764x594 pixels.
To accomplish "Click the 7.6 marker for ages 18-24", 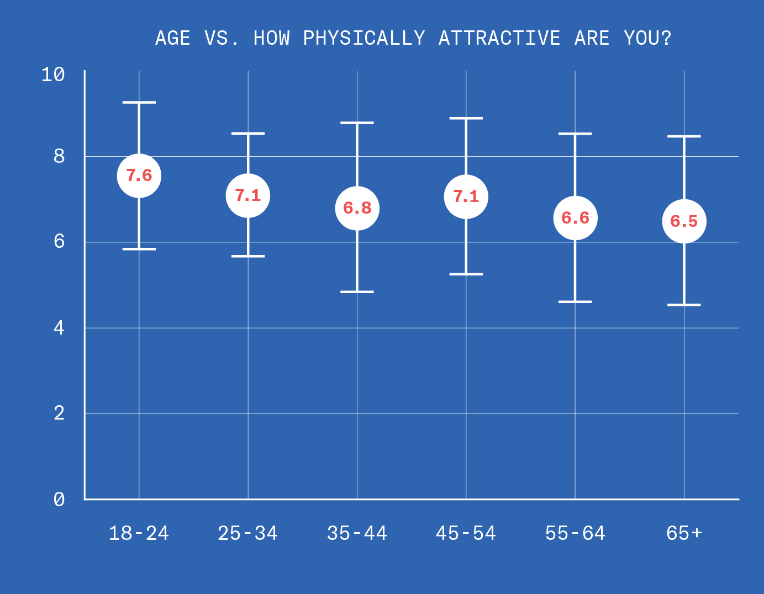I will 139,176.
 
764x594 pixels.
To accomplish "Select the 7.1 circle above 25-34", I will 247,195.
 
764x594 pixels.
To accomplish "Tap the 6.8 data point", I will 357,208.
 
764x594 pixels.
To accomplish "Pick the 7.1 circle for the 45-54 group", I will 466,197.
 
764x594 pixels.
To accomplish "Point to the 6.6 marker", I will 575,218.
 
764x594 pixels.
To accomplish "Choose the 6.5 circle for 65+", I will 684,221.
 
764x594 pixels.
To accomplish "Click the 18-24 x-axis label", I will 139,533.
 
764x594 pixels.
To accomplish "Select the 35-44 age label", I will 357,533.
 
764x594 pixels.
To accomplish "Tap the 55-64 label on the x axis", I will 575,533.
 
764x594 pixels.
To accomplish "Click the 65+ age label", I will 684,533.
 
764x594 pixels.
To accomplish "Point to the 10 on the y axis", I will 53,75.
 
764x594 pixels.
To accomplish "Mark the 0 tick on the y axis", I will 59,500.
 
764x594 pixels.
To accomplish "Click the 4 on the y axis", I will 59,328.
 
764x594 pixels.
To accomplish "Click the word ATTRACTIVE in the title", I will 499,38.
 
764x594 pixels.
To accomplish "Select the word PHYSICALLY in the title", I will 364,38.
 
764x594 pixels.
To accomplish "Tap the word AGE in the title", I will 173,38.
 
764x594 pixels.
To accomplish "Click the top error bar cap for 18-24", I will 139,103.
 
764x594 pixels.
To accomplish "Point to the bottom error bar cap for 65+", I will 684,305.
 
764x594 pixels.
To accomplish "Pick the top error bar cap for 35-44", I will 357,123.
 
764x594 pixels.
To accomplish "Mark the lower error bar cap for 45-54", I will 466,274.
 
